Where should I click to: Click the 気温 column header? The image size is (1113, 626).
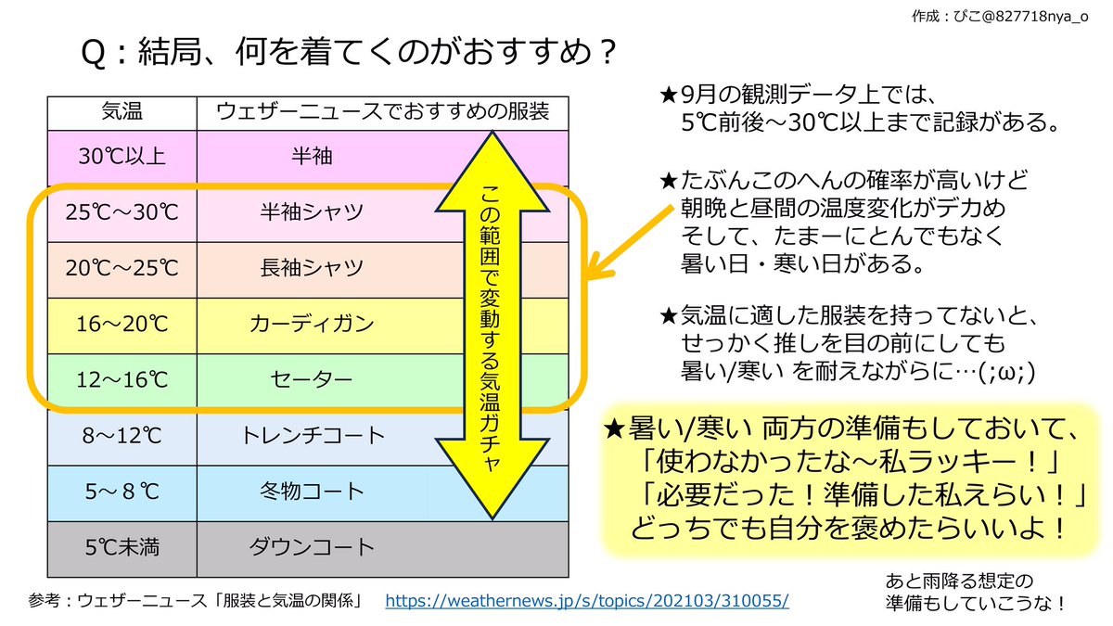(122, 112)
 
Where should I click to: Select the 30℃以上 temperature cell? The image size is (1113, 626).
(122, 156)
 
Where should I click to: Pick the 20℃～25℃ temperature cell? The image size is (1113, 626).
(122, 268)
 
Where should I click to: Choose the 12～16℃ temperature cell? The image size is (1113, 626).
(122, 379)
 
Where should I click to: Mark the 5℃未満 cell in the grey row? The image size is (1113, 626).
(122, 547)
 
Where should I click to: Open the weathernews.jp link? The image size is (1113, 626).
(586, 601)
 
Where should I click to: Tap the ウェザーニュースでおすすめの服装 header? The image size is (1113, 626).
(382, 112)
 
